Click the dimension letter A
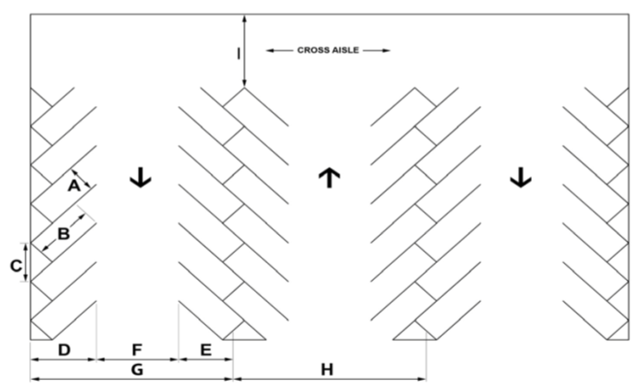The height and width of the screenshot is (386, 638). tap(73, 185)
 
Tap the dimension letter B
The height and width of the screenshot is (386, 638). tap(64, 234)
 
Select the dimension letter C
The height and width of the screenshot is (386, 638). tap(16, 266)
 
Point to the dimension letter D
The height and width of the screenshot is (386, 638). tap(64, 350)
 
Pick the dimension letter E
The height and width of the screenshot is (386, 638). tap(206, 350)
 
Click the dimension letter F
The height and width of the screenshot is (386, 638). tap(137, 350)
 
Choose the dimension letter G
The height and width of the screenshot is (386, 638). tap(137, 370)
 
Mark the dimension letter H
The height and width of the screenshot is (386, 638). tap(327, 370)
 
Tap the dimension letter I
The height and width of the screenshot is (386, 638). tap(239, 54)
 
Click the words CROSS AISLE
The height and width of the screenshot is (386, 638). tap(328, 50)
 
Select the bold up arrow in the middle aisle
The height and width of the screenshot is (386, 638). tap(330, 178)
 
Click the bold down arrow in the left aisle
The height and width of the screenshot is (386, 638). tap(141, 178)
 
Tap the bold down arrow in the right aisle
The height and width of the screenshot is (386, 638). tap(520, 178)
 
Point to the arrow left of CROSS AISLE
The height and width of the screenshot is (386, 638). tap(279, 50)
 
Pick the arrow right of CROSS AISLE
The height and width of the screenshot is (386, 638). tap(376, 50)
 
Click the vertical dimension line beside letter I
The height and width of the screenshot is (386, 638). tap(244, 51)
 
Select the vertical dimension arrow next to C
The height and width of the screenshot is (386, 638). tap(26, 262)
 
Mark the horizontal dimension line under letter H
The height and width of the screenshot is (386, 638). tap(330, 379)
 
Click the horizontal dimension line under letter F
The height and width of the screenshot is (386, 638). tap(138, 360)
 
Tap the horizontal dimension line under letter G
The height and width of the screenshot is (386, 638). tap(132, 379)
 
